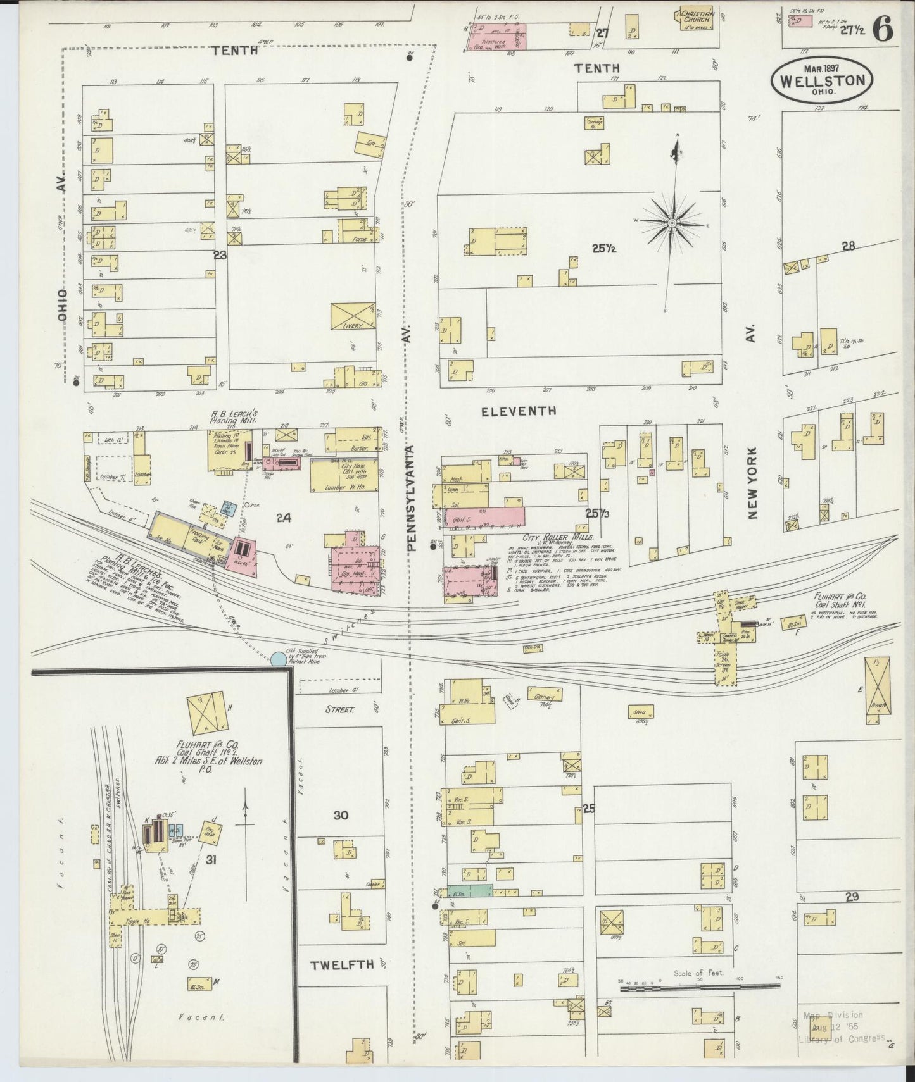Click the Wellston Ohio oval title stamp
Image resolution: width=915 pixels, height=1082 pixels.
[821, 80]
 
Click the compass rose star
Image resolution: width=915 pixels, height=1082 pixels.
[673, 222]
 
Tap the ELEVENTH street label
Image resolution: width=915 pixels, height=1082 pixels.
[519, 411]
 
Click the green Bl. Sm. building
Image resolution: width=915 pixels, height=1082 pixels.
[469, 890]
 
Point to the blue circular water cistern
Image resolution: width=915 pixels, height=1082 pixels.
[278, 659]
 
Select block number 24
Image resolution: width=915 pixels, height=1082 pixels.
[283, 518]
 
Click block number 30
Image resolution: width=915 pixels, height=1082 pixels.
[341, 816]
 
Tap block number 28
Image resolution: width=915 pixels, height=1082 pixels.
[848, 246]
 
